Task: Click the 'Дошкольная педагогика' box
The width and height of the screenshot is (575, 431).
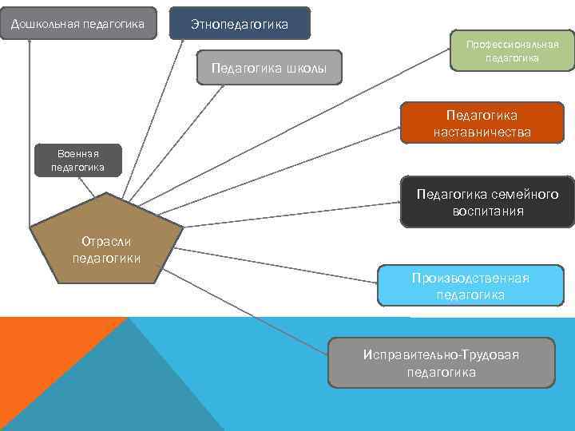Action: pyautogui.click(x=77, y=24)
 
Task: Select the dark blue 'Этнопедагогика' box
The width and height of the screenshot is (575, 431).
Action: pyautogui.click(x=240, y=25)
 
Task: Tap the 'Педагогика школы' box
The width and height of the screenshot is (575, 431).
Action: pyautogui.click(x=268, y=68)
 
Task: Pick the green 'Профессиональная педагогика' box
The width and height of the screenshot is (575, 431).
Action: pyautogui.click(x=513, y=51)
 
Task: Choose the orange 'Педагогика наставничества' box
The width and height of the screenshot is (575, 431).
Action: pyautogui.click(x=482, y=124)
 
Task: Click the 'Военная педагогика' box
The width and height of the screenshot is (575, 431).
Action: pyautogui.click(x=77, y=160)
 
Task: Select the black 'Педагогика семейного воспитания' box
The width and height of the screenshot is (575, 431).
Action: pyautogui.click(x=487, y=202)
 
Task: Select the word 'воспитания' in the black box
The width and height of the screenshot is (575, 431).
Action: pyautogui.click(x=487, y=212)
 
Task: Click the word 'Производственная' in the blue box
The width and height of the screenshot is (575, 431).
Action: pyautogui.click(x=470, y=278)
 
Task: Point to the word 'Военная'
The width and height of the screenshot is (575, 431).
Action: pyautogui.click(x=77, y=153)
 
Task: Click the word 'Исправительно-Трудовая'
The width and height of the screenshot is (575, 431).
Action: pyautogui.click(x=441, y=354)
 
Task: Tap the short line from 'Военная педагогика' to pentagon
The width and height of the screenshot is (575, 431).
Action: pyautogui.click(x=97, y=185)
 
